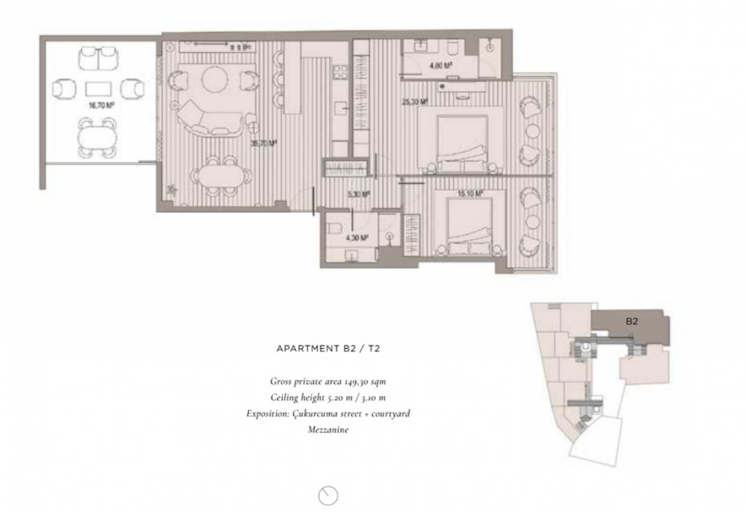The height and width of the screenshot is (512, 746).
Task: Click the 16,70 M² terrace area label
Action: pyautogui.click(x=102, y=106)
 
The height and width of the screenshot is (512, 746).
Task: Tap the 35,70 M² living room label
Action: pyautogui.click(x=263, y=143)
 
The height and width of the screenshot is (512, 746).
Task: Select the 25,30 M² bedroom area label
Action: pyautogui.click(x=415, y=102)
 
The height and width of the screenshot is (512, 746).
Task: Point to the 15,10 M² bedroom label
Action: pyautogui.click(x=470, y=194)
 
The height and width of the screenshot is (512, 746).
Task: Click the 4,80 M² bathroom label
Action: pyautogui.click(x=440, y=66)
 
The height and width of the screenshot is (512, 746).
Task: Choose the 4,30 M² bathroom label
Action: pyautogui.click(x=357, y=238)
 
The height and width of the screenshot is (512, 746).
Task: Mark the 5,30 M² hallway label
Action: pyautogui.click(x=359, y=194)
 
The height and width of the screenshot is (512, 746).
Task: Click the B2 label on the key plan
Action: pyautogui.click(x=632, y=322)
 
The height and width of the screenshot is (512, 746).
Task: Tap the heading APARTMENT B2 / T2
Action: pyautogui.click(x=328, y=349)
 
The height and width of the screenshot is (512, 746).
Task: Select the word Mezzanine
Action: pyautogui.click(x=328, y=430)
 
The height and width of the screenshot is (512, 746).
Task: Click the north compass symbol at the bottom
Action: pyautogui.click(x=328, y=495)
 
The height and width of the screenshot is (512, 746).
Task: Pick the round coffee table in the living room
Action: pyautogui.click(x=216, y=79)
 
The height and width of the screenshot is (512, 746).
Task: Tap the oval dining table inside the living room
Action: pyautogui.click(x=221, y=176)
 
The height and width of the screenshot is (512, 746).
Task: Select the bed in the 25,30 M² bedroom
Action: pyautogui.click(x=462, y=142)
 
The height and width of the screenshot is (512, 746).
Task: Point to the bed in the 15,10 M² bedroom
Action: pyautogui.click(x=470, y=226)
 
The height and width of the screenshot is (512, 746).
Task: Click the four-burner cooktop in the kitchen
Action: pyautogui.click(x=341, y=72)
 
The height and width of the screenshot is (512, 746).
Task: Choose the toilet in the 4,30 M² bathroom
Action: pyautogui.click(x=335, y=229)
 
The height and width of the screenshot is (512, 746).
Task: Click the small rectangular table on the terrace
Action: pyautogui.click(x=98, y=89)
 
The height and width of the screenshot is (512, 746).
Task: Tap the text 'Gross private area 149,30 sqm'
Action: pyautogui.click(x=328, y=382)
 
